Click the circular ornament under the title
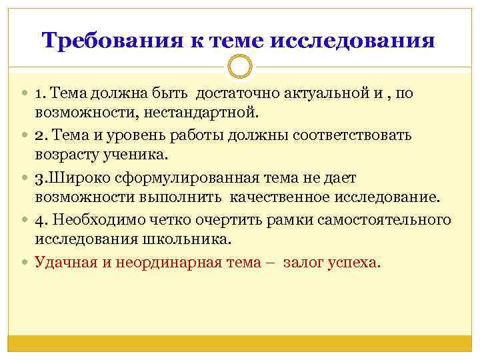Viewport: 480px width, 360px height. pos(240,67)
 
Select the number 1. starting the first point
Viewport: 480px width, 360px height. pos(41,93)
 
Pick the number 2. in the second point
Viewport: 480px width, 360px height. pos(41,135)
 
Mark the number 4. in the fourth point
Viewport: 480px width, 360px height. pos(41,220)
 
